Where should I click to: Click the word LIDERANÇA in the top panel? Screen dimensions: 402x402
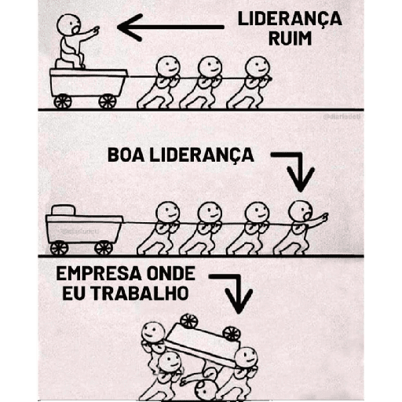point(290,19)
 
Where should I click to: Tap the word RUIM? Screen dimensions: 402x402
point(290,38)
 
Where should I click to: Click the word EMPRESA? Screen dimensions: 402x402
point(100,274)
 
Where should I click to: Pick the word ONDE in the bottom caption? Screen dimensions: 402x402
point(171,274)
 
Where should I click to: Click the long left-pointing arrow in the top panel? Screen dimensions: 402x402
point(170,27)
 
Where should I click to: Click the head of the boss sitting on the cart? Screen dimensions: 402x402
point(68,24)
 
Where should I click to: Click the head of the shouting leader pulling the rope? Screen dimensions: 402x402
point(301,211)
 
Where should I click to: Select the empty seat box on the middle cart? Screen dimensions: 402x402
point(64,210)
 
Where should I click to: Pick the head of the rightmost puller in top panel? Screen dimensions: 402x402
point(257,68)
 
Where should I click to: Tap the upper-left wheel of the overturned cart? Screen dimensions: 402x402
point(189,321)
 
